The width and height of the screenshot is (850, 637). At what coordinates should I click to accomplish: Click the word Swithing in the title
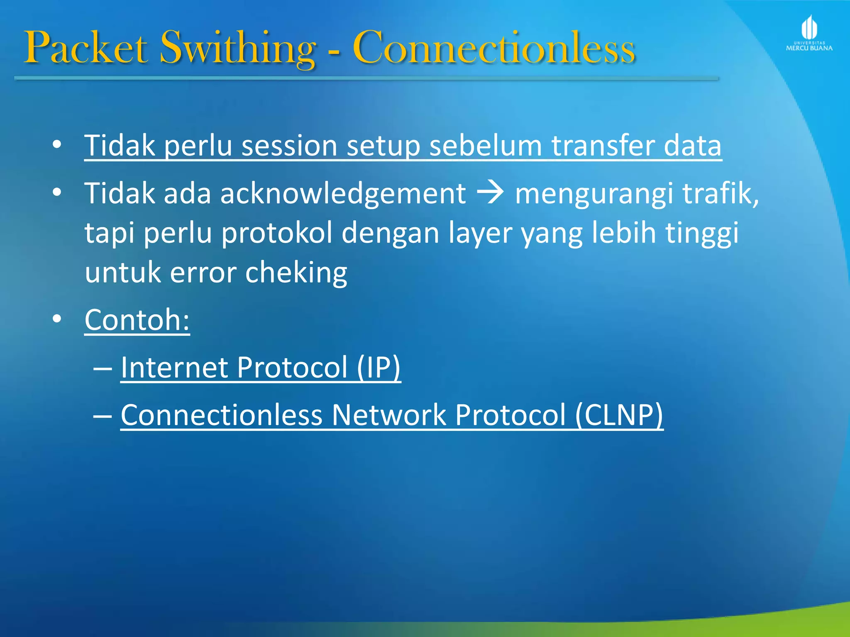[x=237, y=49]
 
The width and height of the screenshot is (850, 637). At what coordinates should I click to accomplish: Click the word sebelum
[x=485, y=146]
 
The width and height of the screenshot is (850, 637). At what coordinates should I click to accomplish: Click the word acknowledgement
[x=343, y=194]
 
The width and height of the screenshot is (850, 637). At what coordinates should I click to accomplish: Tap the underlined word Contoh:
[x=137, y=320]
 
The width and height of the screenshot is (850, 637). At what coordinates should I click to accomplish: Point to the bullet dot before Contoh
[x=57, y=318]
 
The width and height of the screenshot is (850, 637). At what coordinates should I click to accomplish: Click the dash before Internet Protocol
[x=103, y=368]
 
